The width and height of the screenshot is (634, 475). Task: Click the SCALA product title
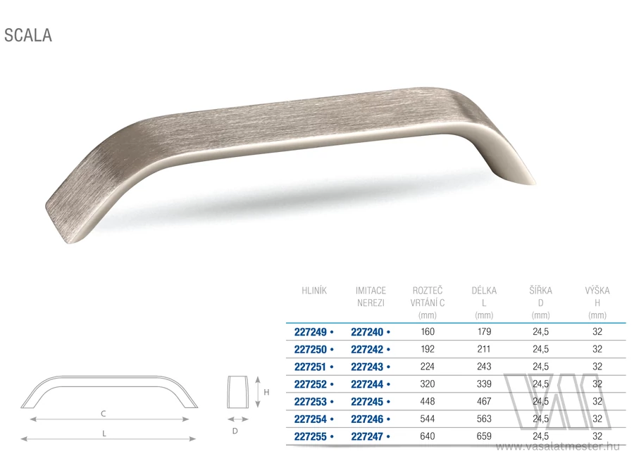click(28, 35)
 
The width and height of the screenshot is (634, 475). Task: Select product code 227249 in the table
click(310, 332)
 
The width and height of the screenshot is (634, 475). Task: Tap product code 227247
click(367, 436)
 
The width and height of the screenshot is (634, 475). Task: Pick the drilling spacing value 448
click(428, 402)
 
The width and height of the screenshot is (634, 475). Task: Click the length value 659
click(484, 436)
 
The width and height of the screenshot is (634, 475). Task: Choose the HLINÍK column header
click(314, 290)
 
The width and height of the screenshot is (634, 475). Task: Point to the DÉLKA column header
click(484, 290)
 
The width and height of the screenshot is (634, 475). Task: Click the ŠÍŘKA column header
click(540, 290)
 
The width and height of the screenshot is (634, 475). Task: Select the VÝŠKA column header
click(597, 290)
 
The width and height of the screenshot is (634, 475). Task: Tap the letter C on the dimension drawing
click(104, 414)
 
